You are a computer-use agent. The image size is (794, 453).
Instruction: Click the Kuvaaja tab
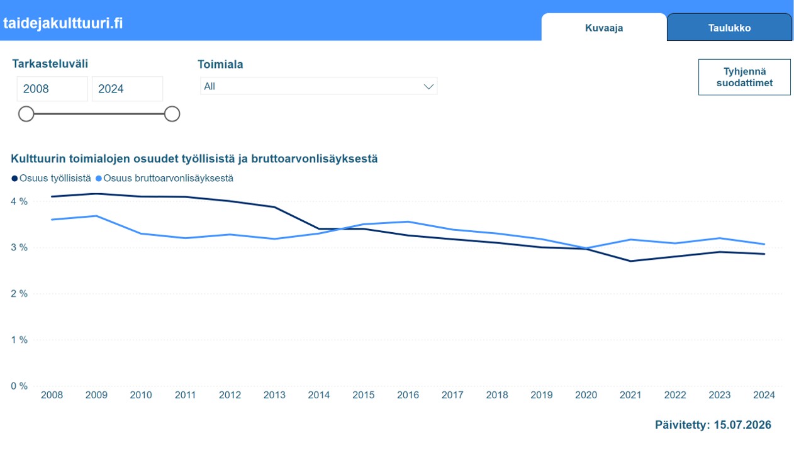coord(603,28)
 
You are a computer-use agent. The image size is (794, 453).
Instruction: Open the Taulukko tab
coord(729,28)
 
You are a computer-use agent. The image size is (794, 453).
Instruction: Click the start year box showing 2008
coord(52,89)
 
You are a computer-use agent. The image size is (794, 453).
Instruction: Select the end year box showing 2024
coord(127,89)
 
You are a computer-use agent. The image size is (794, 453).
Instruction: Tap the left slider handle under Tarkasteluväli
coord(26,114)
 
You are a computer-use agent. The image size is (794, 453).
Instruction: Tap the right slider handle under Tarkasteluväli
coord(172,114)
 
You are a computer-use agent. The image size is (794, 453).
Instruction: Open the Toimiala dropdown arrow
coord(428,86)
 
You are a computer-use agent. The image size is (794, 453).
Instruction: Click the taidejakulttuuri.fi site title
coord(63,23)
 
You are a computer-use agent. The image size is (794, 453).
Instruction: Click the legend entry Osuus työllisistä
coord(51,178)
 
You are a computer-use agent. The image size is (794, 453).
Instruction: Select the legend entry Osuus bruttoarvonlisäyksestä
coord(164,178)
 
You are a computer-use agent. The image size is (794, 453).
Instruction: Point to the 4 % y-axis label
coord(19,201)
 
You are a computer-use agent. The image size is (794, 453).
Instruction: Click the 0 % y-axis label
coord(19,386)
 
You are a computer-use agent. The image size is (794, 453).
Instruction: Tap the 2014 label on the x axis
coord(318,395)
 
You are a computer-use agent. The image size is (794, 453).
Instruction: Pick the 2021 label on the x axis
coord(630,395)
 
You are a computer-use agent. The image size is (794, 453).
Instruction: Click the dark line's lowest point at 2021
coord(630,261)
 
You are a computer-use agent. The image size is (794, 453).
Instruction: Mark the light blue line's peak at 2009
coord(96,216)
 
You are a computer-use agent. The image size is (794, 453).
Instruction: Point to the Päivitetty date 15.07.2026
coord(742,425)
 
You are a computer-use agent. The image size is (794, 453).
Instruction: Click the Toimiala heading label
coord(220,64)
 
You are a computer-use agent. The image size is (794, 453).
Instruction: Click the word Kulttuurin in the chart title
coord(38,159)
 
